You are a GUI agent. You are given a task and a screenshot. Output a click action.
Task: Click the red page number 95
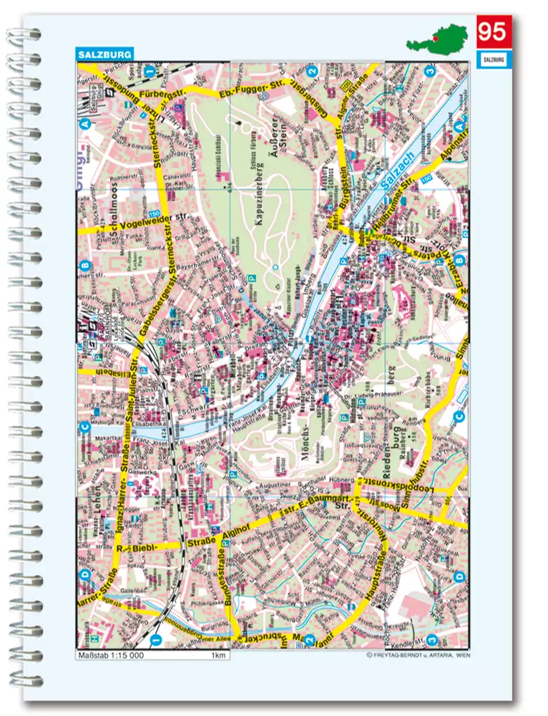coord(491,33)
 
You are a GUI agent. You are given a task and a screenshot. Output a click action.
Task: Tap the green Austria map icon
coord(438,37)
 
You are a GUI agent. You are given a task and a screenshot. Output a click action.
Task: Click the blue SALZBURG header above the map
coord(104,54)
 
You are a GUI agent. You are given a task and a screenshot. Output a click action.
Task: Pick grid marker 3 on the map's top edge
coord(430,70)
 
